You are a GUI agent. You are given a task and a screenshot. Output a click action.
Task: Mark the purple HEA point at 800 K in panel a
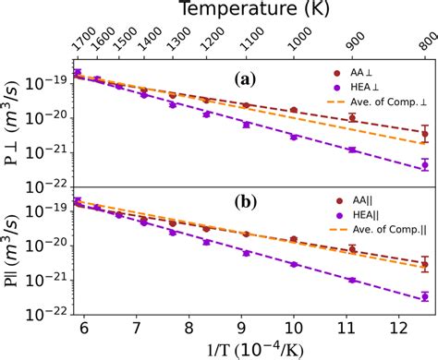[x=424, y=165]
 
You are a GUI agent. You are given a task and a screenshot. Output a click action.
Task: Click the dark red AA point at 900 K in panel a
[x=352, y=118]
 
